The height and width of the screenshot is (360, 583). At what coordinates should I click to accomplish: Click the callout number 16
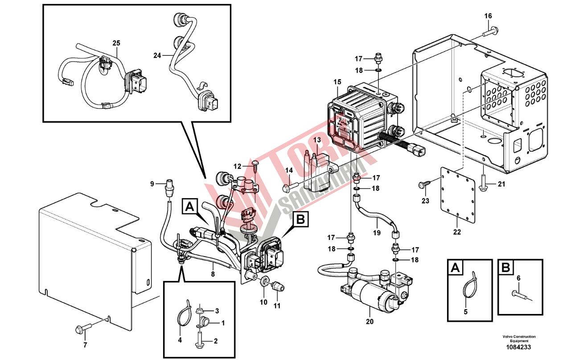(488, 16)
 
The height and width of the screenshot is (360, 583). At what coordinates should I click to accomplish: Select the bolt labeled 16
(490, 32)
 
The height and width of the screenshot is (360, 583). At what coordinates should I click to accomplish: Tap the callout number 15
(337, 82)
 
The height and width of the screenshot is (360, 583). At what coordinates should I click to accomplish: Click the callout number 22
(457, 232)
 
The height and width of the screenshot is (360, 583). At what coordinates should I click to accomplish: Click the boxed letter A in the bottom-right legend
(455, 268)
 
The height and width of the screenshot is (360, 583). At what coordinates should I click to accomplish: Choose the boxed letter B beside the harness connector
(300, 219)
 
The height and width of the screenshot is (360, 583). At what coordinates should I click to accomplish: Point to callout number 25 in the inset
(116, 43)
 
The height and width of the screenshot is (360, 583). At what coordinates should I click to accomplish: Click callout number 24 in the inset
(156, 56)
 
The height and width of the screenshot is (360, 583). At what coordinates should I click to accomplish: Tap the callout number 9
(152, 184)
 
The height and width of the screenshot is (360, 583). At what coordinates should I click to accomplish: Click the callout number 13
(317, 140)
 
